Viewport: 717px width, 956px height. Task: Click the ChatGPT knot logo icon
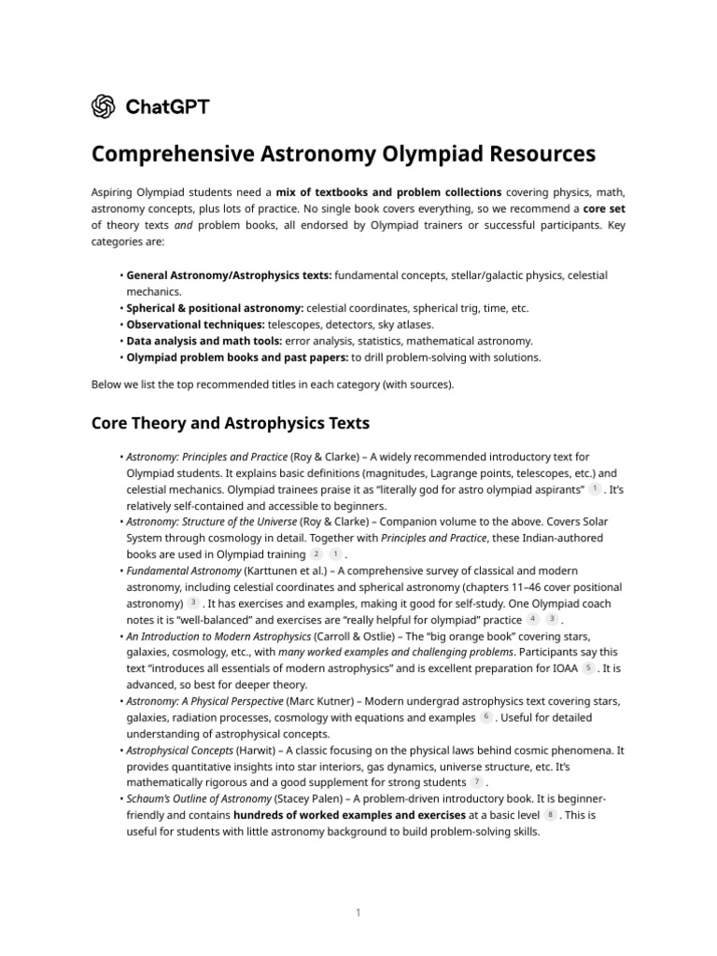104,106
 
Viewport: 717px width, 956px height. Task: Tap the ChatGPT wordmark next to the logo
167,106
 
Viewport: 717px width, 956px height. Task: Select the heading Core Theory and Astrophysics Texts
231,423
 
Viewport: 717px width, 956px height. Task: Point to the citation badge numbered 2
316,554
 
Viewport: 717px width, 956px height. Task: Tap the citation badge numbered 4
532,618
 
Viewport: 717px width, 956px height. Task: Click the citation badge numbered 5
588,668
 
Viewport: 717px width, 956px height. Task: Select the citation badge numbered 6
485,716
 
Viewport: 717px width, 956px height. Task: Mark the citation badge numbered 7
477,781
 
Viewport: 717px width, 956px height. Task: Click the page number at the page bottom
358,912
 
